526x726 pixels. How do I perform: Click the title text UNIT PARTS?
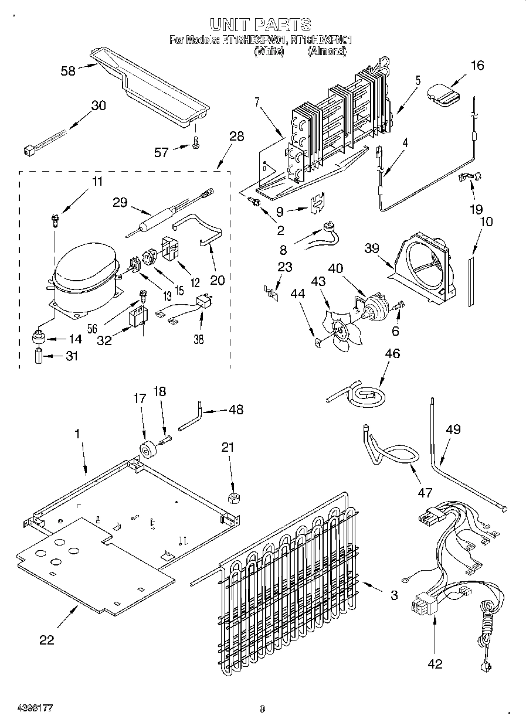260,24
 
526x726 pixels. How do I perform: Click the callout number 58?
69,71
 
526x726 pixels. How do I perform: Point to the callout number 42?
435,664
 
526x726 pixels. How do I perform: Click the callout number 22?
46,640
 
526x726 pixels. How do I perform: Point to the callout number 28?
236,137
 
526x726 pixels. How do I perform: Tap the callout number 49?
453,430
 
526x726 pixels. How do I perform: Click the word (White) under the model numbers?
269,52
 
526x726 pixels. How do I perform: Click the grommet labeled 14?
39,338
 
